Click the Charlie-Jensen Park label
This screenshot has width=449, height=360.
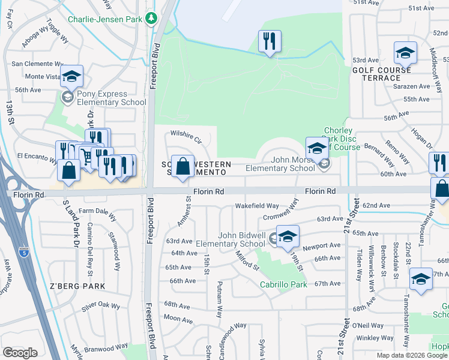[104, 19]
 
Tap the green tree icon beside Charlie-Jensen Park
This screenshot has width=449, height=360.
[151, 19]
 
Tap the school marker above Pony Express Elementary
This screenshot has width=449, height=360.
[71, 76]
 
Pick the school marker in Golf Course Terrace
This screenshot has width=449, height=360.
[405, 53]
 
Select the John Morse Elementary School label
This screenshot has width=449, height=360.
[280, 164]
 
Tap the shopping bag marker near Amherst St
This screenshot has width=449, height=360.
[182, 166]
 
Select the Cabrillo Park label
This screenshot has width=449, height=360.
[283, 284]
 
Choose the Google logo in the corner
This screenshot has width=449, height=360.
[20, 353]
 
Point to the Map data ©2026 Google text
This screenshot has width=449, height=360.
[411, 355]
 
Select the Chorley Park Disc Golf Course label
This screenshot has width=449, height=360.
[342, 139]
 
